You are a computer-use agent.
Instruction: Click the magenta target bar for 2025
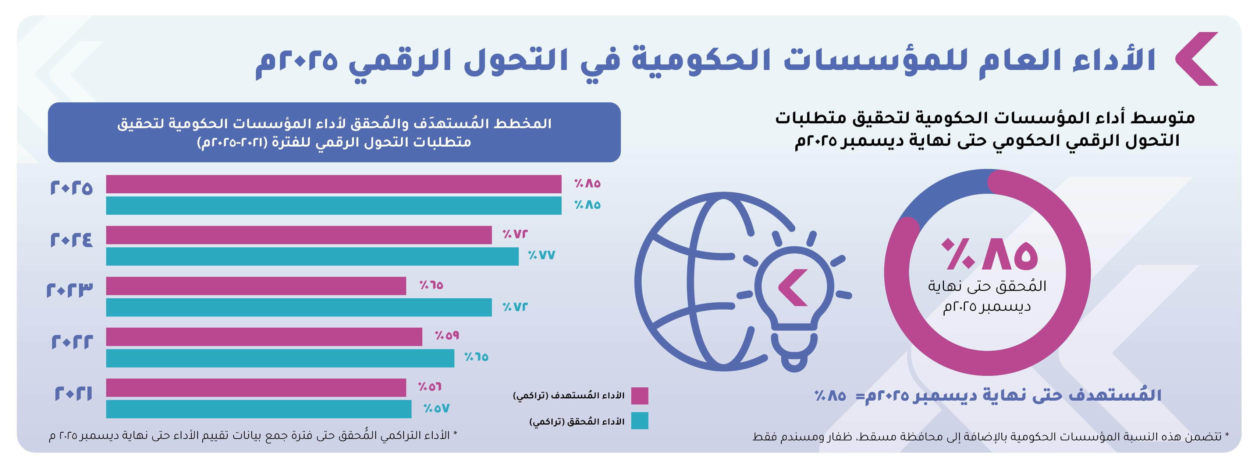(x=333, y=184)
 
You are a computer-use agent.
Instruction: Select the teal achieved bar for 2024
(x=312, y=257)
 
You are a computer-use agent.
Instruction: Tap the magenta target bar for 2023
(x=256, y=286)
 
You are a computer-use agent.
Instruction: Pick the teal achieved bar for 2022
(x=280, y=358)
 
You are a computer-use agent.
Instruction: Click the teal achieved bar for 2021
(x=259, y=409)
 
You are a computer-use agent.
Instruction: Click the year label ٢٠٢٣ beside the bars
(x=70, y=290)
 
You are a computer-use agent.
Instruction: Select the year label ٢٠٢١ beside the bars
(x=73, y=393)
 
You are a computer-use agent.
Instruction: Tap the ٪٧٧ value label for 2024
(x=541, y=255)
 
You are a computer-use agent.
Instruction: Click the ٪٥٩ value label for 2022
(x=447, y=335)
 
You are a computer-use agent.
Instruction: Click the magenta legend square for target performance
(x=639, y=396)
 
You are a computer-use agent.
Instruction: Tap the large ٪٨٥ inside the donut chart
(x=990, y=254)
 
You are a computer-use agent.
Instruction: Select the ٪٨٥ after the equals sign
(x=830, y=395)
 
